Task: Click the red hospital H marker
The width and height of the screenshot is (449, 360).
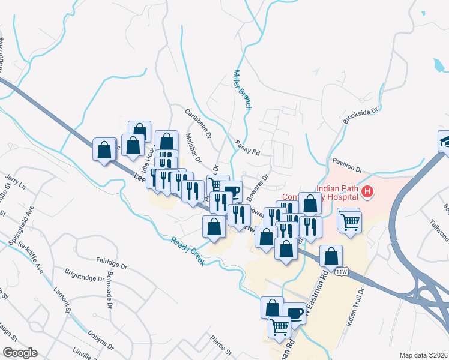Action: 367,193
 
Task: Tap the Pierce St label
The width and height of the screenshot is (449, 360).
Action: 220,346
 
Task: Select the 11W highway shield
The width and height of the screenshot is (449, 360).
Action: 342,271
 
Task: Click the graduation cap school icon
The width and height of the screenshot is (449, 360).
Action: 446,141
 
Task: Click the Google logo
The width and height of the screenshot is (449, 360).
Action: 20,353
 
